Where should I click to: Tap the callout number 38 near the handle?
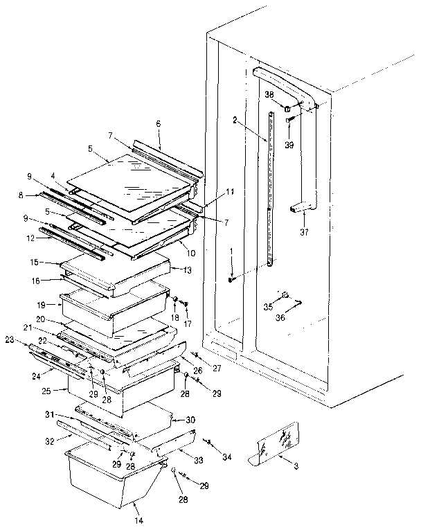(270, 94)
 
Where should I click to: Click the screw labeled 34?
(207, 441)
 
